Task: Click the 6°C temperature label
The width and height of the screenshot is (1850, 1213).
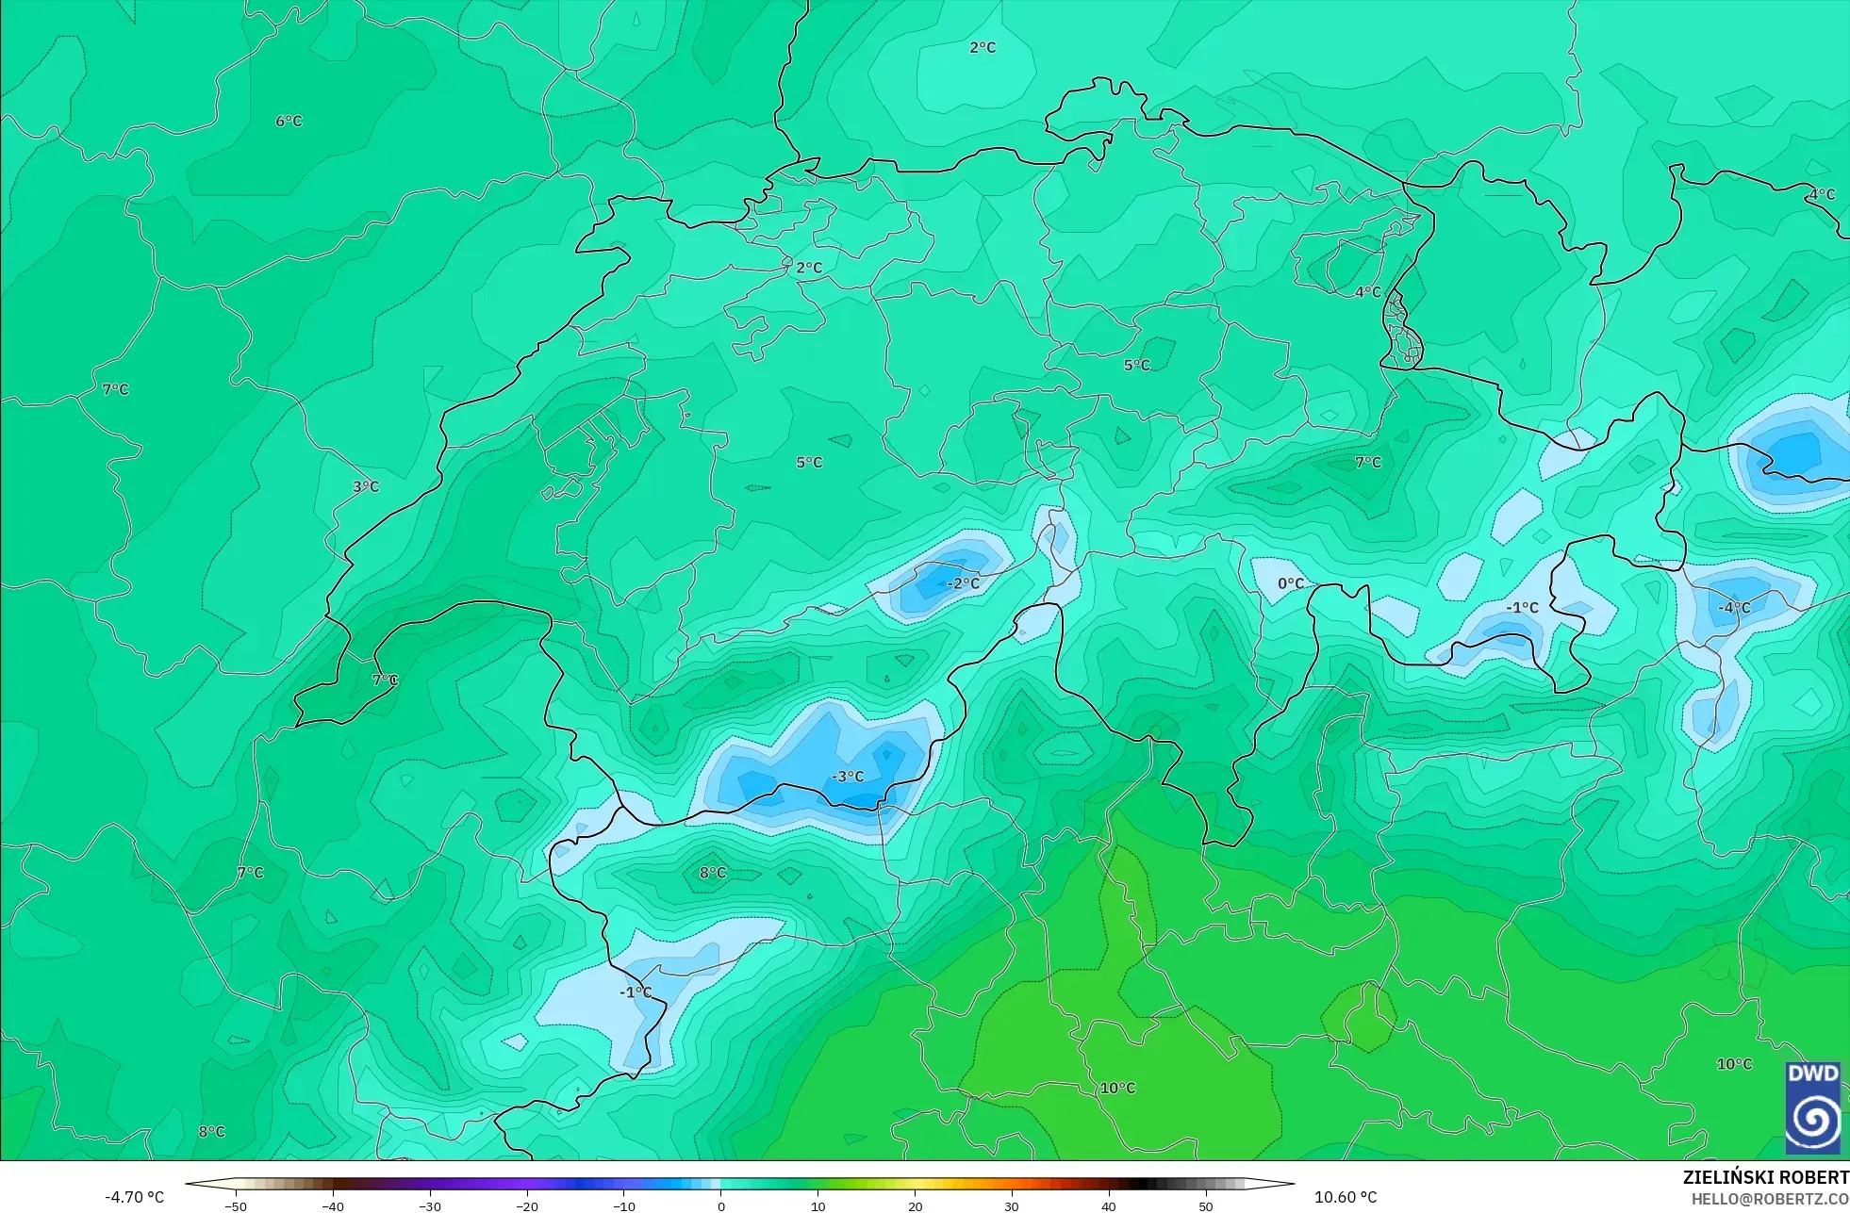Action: (x=289, y=122)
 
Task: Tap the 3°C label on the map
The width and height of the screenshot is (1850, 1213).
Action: (x=366, y=487)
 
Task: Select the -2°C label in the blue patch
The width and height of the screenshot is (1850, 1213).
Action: (x=963, y=583)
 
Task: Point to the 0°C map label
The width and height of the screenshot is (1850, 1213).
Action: (x=1291, y=584)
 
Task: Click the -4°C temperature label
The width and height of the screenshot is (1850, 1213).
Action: (x=1732, y=608)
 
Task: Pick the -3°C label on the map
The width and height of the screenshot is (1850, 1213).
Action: (x=848, y=777)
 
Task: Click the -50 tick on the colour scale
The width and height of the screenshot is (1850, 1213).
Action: (x=236, y=1205)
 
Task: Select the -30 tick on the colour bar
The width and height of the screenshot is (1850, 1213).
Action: (x=430, y=1205)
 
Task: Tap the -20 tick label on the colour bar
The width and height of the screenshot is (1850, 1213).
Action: (x=527, y=1205)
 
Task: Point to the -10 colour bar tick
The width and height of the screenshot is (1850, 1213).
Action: (x=624, y=1205)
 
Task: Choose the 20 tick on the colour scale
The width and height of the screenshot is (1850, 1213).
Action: (x=915, y=1205)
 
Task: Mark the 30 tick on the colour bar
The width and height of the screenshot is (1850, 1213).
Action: (x=1012, y=1205)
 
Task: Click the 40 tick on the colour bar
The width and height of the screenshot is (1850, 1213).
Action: (x=1109, y=1205)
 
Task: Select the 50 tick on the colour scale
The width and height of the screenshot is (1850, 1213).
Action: (x=1206, y=1205)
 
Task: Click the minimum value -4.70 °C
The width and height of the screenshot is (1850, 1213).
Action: (x=134, y=1197)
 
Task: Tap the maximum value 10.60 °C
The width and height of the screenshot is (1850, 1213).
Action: (x=1346, y=1197)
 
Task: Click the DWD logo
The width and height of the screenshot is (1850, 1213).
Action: (x=1812, y=1107)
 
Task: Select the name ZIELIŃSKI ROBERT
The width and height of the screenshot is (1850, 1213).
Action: (x=1765, y=1177)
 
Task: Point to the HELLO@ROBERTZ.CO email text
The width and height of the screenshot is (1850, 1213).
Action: (x=1769, y=1199)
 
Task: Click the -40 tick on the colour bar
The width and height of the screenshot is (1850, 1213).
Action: (x=333, y=1205)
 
